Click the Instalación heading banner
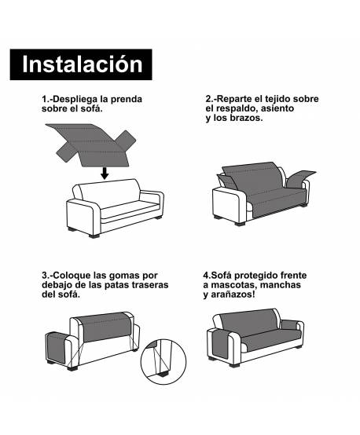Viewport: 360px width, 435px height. pyautogui.click(x=82, y=64)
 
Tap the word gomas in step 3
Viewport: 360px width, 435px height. pyautogui.click(x=127, y=276)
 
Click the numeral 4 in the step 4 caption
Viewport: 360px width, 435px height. pyautogui.click(x=205, y=276)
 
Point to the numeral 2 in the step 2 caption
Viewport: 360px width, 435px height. pyautogui.click(x=208, y=100)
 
